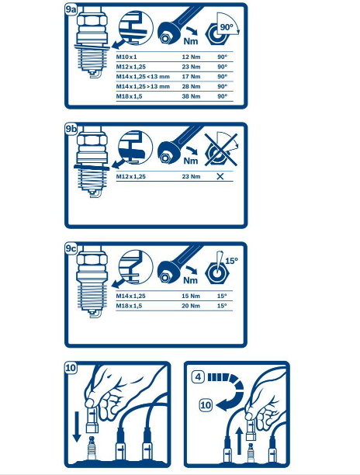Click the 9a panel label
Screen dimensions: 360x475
pyautogui.click(x=71, y=9)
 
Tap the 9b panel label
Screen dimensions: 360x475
pyautogui.click(x=71, y=129)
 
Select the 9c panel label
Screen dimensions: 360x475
pyautogui.click(x=71, y=248)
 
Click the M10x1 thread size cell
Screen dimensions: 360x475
pyautogui.click(x=126, y=57)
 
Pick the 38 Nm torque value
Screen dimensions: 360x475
pyautogui.click(x=191, y=96)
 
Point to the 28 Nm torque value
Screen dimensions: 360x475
pyautogui.click(x=191, y=87)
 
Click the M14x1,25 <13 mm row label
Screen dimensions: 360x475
pyautogui.click(x=143, y=77)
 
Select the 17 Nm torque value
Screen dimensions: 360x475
pyautogui.click(x=191, y=77)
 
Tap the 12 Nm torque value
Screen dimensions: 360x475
pyautogui.click(x=191, y=57)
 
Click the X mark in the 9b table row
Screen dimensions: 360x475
pyautogui.click(x=220, y=176)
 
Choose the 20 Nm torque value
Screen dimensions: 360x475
pyautogui.click(x=191, y=306)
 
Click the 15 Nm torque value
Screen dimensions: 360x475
pyautogui.click(x=191, y=296)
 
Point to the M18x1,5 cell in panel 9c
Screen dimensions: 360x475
pyautogui.click(x=129, y=306)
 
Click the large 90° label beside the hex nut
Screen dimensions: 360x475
pyautogui.click(x=227, y=27)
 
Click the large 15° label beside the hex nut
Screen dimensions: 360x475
pyautogui.click(x=232, y=261)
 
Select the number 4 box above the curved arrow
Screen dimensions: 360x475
pyautogui.click(x=198, y=377)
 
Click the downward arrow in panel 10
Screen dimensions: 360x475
pyautogui.click(x=77, y=426)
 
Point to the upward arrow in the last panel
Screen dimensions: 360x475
pyautogui.click(x=239, y=441)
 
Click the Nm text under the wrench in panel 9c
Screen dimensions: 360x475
pyautogui.click(x=190, y=280)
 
